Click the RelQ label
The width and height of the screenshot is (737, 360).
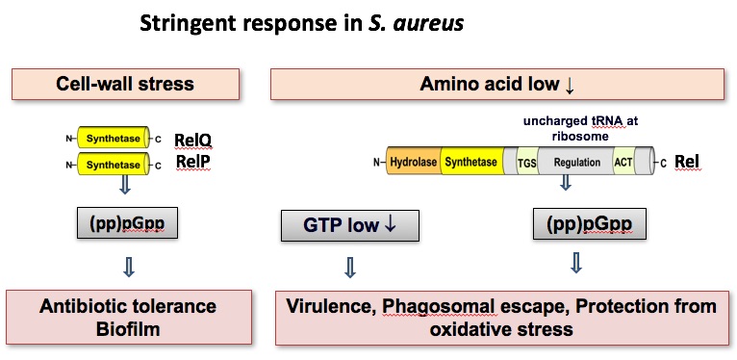[x=192, y=141]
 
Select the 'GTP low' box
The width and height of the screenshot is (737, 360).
[x=346, y=226]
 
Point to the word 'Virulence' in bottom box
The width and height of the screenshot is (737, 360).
[x=329, y=306]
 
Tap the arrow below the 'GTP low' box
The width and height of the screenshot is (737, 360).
[x=350, y=266]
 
